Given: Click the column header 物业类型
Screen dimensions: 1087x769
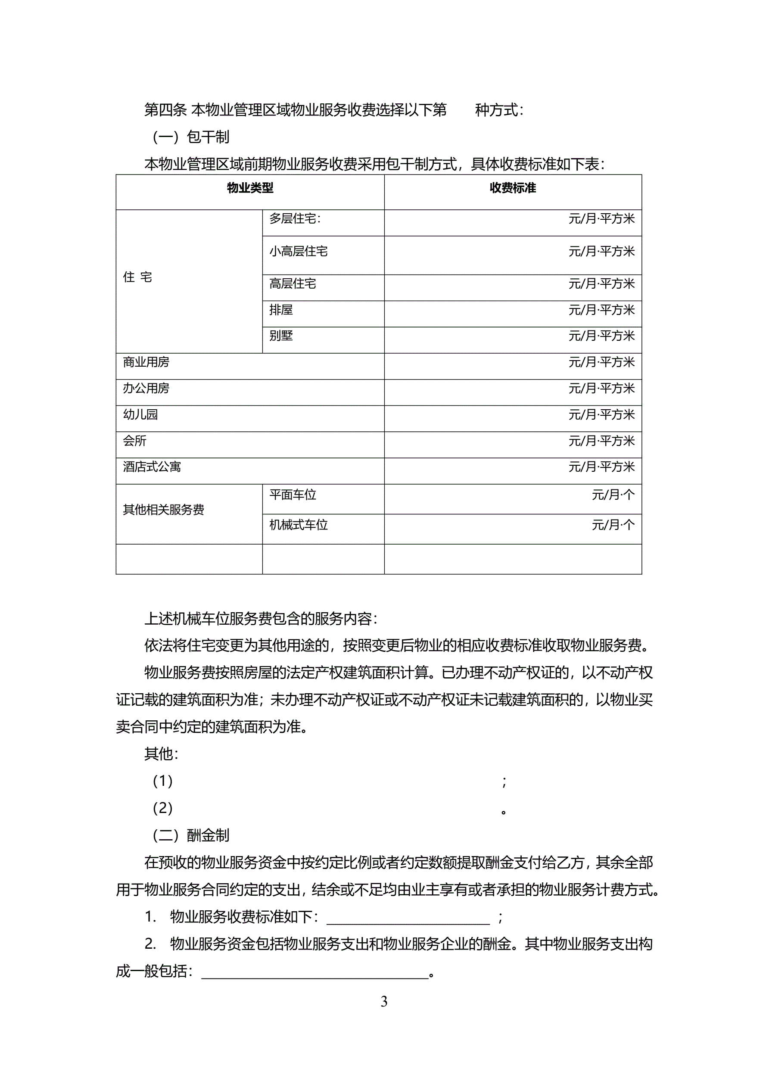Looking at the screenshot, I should tap(250, 188).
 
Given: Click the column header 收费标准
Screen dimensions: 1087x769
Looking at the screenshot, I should tap(512, 188).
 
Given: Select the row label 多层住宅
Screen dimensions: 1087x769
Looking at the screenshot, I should tap(295, 219).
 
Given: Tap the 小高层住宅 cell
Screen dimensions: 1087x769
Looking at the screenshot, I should tap(298, 251).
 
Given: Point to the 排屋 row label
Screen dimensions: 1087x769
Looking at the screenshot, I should tap(281, 310).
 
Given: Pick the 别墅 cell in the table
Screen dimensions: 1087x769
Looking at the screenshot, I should tap(281, 336).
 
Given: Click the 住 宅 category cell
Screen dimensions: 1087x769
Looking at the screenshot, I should tap(137, 277).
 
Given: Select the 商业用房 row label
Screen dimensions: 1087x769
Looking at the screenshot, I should tap(146, 362).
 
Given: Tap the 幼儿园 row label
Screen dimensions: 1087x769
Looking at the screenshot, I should tap(140, 415).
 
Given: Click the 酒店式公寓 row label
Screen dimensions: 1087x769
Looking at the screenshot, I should tap(152, 467).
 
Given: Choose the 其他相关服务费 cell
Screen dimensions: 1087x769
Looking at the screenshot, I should tap(163, 510).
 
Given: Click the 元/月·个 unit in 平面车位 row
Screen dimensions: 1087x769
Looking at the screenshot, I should tap(613, 495).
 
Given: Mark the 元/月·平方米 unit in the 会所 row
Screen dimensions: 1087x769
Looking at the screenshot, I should tap(601, 441).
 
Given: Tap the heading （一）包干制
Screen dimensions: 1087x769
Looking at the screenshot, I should tap(191, 137).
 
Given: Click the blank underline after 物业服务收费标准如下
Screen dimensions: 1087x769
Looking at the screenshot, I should tap(408, 918).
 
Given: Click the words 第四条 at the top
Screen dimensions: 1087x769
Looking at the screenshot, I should tap(165, 110).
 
